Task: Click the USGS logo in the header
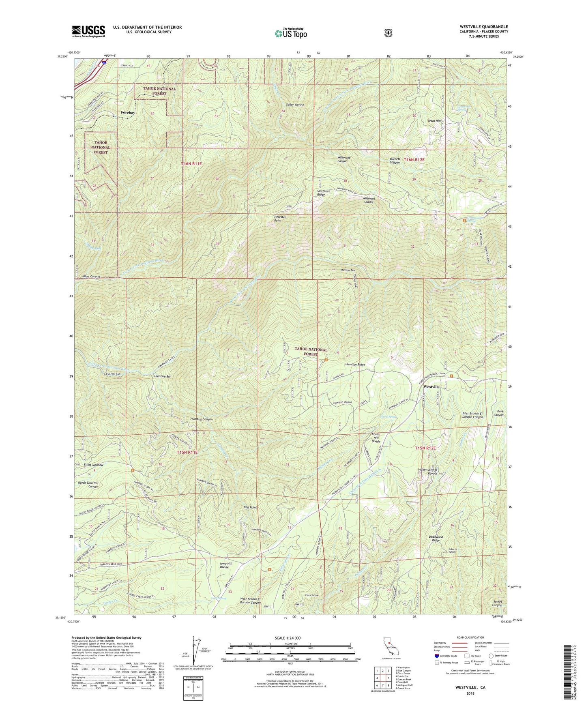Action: [x=88, y=31]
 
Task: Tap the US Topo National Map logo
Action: [x=290, y=33]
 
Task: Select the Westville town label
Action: [x=431, y=387]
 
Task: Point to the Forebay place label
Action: [x=128, y=113]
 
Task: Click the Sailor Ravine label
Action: [x=295, y=105]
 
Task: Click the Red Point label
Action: [x=250, y=507]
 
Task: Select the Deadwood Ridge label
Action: [x=436, y=539]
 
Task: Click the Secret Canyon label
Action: [x=498, y=603]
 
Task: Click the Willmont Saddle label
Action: [x=369, y=200]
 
